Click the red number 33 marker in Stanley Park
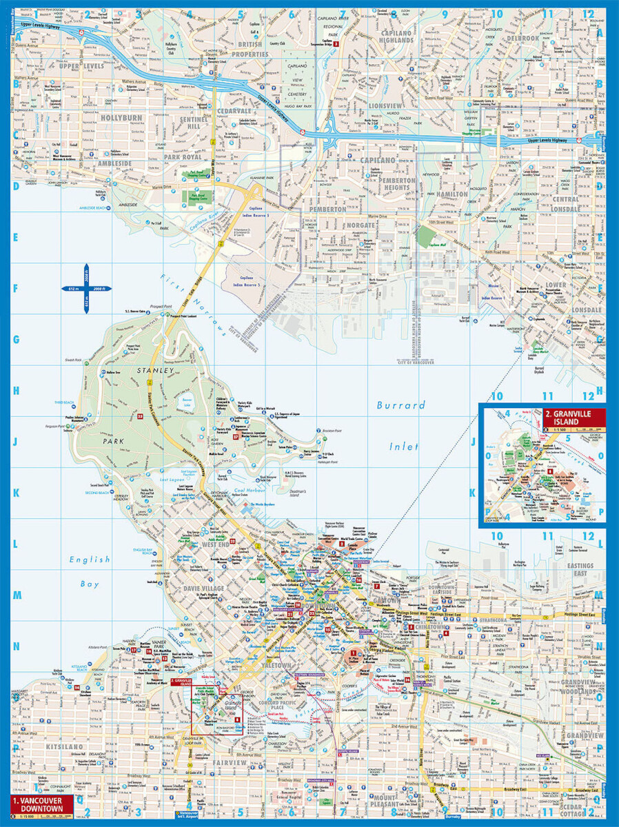coord(140,416)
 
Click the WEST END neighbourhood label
coord(216,544)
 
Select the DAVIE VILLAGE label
coord(203,588)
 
